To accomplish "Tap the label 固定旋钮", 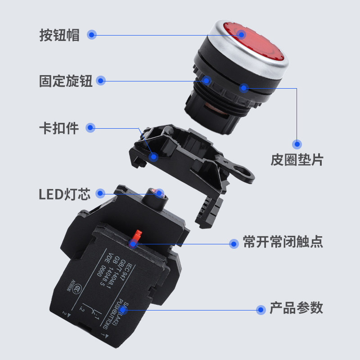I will pyautogui.click(x=66, y=81).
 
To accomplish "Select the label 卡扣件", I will pyautogui.click(x=59, y=128).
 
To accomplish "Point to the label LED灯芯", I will pyautogui.click(x=64, y=194).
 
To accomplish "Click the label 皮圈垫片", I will pyautogui.click(x=297, y=160).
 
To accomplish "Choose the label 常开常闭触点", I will pyautogui.click(x=283, y=243).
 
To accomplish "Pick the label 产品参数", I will pyautogui.click(x=296, y=309).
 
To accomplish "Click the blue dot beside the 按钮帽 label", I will pyautogui.click(x=92, y=35).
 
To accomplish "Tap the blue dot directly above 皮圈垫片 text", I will pyautogui.click(x=297, y=144).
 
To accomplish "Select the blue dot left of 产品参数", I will pyautogui.click(x=261, y=310).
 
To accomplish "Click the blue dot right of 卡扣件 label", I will pyautogui.click(x=91, y=128).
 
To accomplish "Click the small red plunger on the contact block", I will pyautogui.click(x=136, y=237).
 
